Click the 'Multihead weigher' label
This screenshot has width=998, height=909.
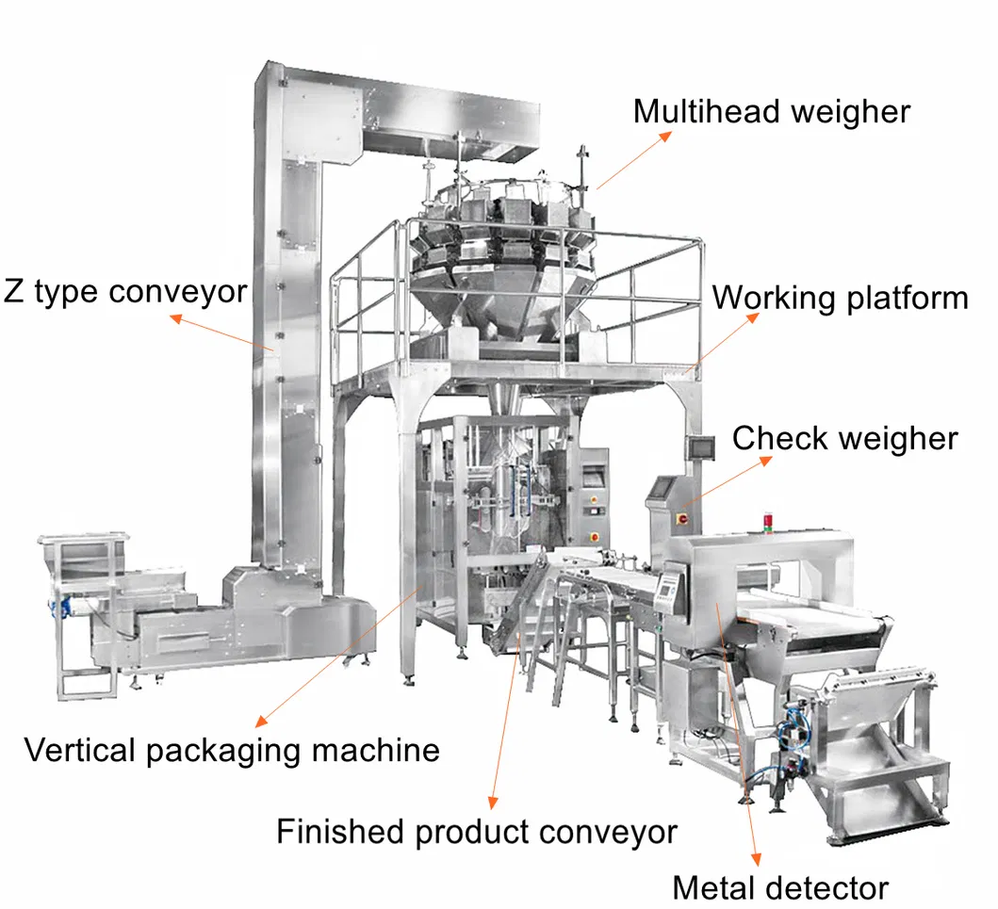[771, 111]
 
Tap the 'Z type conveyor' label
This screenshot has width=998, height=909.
[125, 291]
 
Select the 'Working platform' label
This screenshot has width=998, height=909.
[840, 298]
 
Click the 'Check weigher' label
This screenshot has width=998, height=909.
[844, 438]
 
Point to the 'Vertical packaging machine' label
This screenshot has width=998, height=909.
[232, 750]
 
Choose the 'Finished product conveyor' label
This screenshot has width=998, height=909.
[477, 832]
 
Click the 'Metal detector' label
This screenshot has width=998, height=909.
[779, 887]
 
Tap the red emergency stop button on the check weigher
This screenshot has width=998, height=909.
[682, 518]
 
